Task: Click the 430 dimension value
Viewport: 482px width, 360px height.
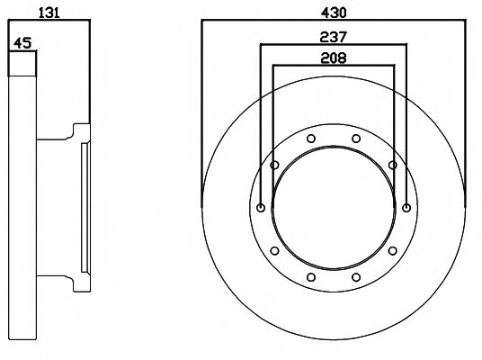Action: pos(334,13)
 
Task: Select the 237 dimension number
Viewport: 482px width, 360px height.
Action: pos(334,37)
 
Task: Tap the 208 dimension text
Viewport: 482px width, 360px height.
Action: pos(334,58)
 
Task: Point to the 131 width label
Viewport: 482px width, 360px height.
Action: pos(49,13)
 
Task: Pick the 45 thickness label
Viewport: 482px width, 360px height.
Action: pos(22,43)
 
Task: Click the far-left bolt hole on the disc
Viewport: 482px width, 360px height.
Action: pos(261,208)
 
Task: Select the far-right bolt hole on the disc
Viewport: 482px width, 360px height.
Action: pos(406,208)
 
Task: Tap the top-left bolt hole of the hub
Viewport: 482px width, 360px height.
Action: pos(311,139)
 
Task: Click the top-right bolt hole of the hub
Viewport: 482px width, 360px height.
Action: pos(356,139)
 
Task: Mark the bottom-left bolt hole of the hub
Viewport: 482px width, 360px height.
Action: pos(311,277)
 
